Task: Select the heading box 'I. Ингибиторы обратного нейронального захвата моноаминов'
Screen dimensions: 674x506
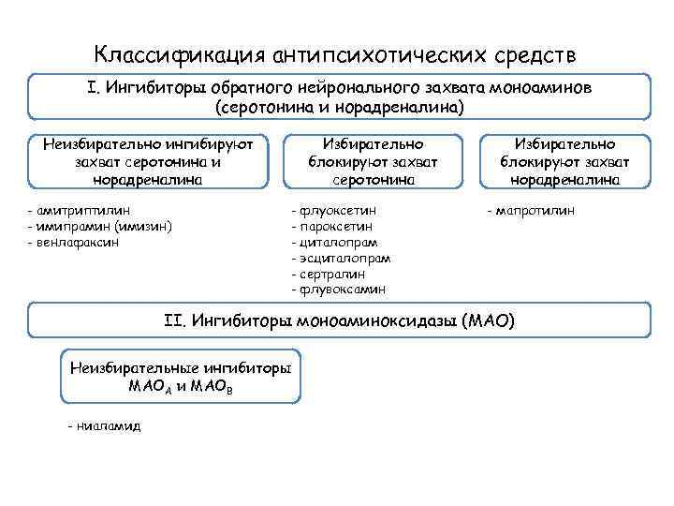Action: click(x=339, y=97)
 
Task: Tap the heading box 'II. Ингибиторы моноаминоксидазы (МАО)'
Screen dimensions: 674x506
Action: click(x=339, y=320)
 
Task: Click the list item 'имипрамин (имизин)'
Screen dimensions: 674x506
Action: click(x=102, y=226)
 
